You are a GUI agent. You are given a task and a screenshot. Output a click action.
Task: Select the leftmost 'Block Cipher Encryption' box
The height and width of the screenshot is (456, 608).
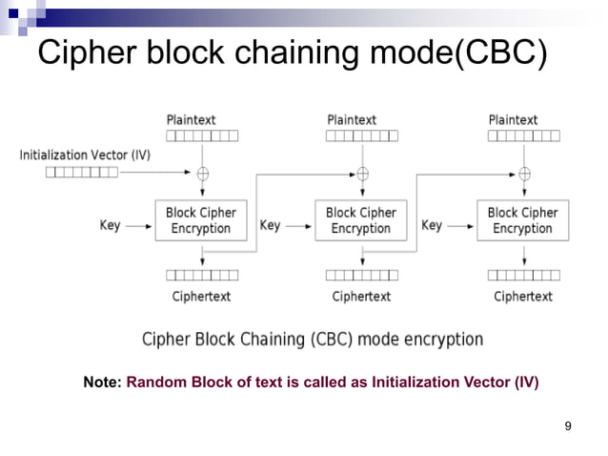[201, 220]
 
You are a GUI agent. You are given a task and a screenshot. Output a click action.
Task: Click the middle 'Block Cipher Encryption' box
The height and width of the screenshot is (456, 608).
[361, 220]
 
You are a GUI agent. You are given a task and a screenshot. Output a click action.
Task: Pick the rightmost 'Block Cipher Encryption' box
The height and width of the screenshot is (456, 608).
[522, 220]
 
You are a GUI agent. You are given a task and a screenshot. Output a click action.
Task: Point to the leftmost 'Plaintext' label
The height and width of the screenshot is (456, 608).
[192, 120]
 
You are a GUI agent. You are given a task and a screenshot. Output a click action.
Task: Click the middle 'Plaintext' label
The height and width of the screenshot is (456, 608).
[352, 120]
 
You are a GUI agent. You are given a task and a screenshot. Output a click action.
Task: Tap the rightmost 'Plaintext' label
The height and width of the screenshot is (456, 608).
[513, 120]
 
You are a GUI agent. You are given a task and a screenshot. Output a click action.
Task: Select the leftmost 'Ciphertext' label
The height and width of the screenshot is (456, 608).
[201, 297]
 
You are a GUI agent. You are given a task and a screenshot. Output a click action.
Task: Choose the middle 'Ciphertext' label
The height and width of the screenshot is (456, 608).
[361, 297]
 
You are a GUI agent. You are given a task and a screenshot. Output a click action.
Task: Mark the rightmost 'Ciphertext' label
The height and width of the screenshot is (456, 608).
[522, 297]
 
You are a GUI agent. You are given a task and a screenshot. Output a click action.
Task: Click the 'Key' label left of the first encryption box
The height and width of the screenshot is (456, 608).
[111, 226]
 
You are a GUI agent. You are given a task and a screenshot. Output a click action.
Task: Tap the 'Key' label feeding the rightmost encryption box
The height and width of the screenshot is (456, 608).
[432, 226]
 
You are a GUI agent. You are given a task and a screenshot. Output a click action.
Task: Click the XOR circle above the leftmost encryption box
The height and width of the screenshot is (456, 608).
[202, 174]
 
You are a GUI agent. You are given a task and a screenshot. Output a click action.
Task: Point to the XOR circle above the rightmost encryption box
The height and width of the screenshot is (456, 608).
[523, 174]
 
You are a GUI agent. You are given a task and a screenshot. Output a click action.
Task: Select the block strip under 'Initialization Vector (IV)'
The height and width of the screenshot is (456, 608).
[82, 173]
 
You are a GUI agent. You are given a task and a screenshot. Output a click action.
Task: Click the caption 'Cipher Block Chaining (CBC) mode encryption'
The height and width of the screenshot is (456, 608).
[313, 340]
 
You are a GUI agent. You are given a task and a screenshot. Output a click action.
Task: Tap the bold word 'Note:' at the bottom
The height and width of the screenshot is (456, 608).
[102, 383]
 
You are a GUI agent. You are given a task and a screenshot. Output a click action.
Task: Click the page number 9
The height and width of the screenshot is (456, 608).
[568, 425]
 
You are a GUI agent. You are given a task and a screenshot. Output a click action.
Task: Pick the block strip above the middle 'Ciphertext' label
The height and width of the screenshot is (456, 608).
[362, 276]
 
